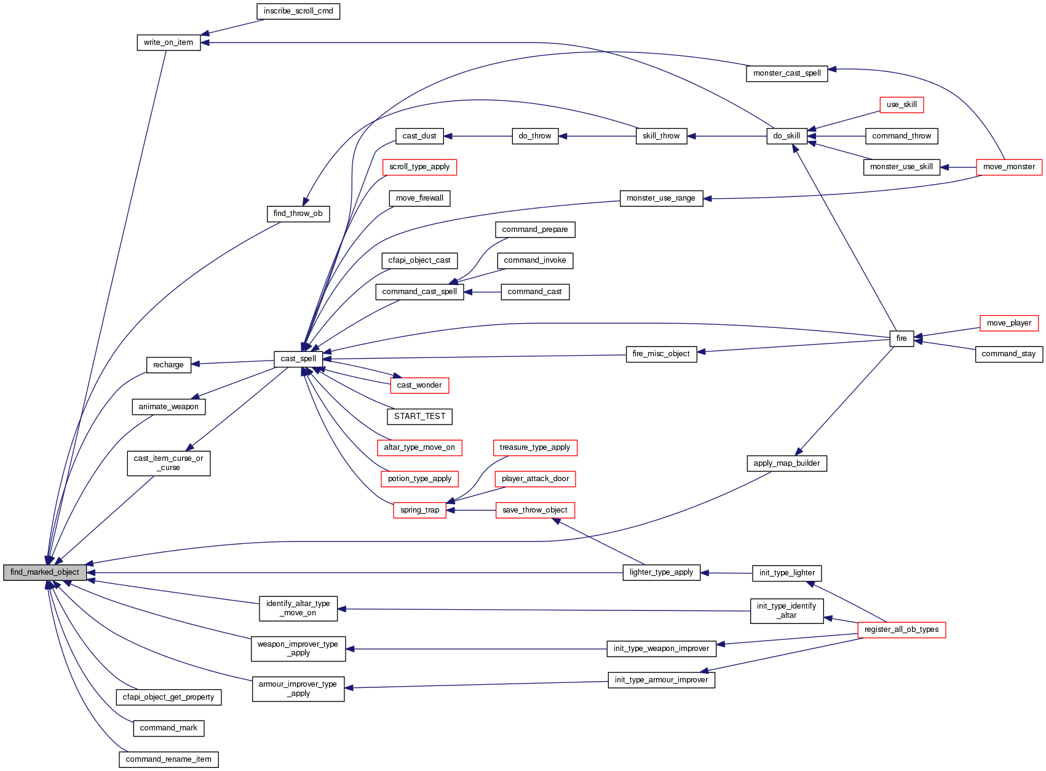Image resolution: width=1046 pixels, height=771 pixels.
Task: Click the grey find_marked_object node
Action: pos(45,572)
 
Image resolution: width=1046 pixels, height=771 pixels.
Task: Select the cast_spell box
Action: pos(298,359)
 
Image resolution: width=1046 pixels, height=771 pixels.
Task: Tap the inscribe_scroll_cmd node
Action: pos(298,11)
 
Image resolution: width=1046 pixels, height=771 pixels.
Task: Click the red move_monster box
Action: pos(1009,167)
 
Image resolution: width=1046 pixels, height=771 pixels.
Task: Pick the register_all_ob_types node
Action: pos(901,629)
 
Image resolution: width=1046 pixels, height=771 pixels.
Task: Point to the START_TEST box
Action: pos(419,417)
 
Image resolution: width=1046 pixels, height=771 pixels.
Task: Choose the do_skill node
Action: pos(786,136)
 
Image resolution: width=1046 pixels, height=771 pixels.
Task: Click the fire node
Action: pos(901,338)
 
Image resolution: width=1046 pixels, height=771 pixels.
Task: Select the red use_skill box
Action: pos(901,105)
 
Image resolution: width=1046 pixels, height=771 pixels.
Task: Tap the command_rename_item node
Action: pos(168,759)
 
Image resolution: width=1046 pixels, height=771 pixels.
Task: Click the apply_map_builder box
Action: pos(786,463)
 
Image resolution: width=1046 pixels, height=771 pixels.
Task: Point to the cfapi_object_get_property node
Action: pos(168,697)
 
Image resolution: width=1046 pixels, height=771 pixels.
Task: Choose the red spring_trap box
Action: pos(419,510)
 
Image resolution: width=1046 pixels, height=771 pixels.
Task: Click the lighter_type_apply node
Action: pos(661,572)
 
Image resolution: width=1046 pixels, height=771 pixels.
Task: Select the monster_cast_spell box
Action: pos(786,73)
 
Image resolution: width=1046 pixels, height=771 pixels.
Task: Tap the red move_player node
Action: pos(1008,323)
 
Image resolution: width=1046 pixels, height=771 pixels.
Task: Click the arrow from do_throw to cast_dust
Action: pos(478,136)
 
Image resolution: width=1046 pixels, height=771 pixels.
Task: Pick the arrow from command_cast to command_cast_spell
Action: pos(483,292)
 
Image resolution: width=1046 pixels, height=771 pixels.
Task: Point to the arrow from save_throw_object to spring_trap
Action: pos(471,510)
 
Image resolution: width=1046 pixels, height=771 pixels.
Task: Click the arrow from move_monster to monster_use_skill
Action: pos(959,167)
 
